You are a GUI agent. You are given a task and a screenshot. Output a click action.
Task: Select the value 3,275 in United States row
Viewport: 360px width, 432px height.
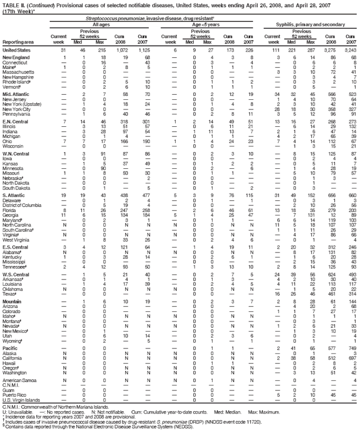[x=329, y=51]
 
